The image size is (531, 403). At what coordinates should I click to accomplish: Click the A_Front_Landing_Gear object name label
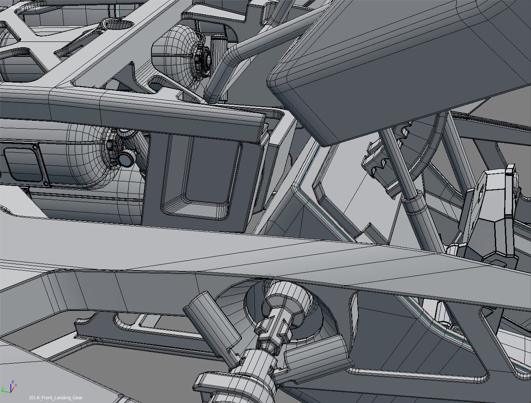pyautogui.click(x=56, y=398)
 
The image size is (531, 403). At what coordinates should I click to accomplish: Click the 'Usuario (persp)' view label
pyautogui.click(x=24, y=7)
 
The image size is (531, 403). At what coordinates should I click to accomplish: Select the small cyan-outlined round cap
pyautogui.click(x=126, y=158)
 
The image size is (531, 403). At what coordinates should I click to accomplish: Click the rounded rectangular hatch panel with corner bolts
pyautogui.click(x=23, y=166)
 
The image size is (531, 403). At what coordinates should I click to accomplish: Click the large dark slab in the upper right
pyautogui.click(x=394, y=66)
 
